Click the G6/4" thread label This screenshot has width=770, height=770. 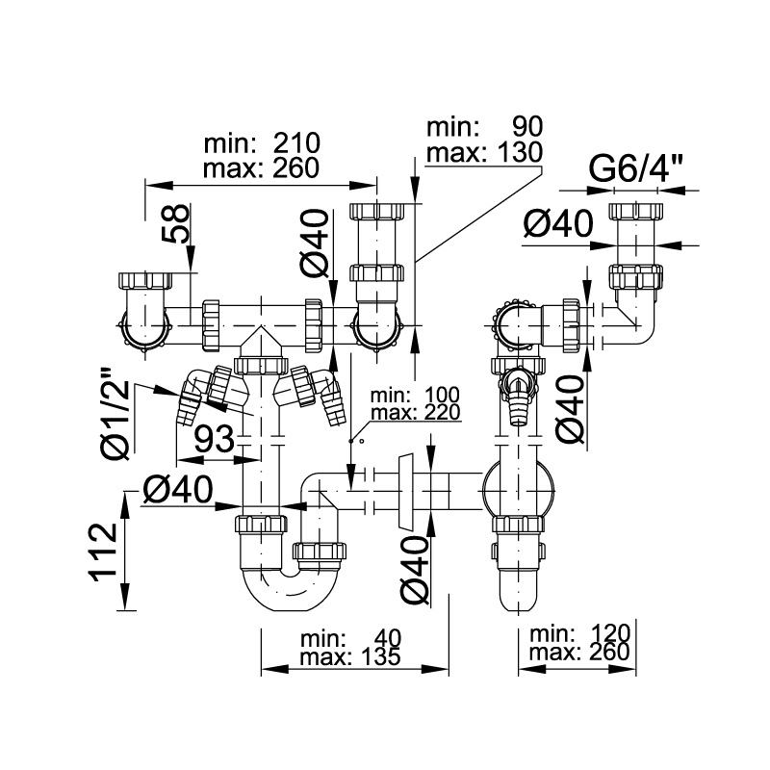(635, 168)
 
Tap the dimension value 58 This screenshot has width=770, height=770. (175, 223)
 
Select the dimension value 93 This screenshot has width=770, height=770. (215, 439)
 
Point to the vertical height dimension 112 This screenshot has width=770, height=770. (104, 552)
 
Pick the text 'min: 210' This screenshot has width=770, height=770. (262, 143)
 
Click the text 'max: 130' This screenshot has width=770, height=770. (484, 152)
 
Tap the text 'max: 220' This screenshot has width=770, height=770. (416, 413)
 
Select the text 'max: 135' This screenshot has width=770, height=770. (350, 656)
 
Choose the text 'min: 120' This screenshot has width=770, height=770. (579, 634)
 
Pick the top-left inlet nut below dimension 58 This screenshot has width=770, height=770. (145, 280)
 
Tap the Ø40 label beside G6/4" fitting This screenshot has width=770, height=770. (558, 224)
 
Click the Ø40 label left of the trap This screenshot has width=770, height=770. (178, 490)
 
